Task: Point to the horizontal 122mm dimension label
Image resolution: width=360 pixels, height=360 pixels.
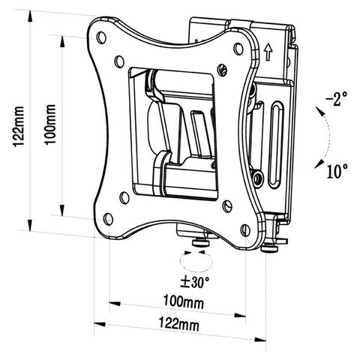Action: click(x=181, y=325)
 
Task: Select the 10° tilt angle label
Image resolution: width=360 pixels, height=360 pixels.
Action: click(x=336, y=170)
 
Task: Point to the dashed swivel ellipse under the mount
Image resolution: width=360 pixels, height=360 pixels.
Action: click(x=193, y=263)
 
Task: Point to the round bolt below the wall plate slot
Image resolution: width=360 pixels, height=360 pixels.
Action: click(x=258, y=178)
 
